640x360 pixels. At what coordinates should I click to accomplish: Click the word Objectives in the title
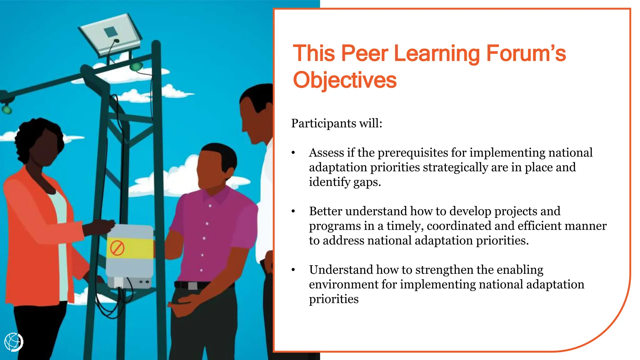tap(344, 80)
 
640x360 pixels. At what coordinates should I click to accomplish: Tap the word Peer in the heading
tap(364, 53)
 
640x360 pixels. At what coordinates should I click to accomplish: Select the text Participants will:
tap(337, 123)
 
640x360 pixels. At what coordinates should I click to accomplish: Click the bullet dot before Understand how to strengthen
tap(293, 270)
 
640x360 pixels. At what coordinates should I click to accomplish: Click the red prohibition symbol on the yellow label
tap(117, 248)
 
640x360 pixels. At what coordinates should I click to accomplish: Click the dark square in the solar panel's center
tap(110, 32)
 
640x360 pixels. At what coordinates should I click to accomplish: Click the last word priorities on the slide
tap(333, 299)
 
